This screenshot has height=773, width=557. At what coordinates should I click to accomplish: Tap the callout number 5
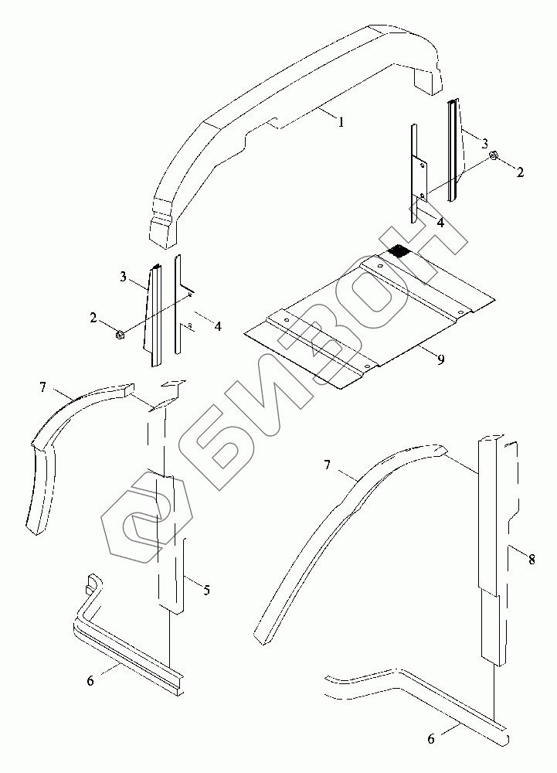tap(205, 591)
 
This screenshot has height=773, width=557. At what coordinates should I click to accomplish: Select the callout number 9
tap(440, 359)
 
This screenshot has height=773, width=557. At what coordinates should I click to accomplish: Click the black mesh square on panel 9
tap(399, 250)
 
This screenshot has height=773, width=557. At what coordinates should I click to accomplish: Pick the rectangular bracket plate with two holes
tap(420, 178)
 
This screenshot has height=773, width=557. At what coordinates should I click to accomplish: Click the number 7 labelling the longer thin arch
tap(328, 465)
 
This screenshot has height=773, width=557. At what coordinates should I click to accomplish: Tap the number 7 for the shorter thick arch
tap(42, 386)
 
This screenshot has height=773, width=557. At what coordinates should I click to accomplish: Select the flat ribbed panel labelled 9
tap(371, 317)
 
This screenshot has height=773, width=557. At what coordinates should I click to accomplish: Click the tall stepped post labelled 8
tap(492, 541)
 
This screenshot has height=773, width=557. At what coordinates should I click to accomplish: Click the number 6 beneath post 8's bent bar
tap(430, 739)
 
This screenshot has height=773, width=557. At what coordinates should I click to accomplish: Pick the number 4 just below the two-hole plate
tap(440, 223)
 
